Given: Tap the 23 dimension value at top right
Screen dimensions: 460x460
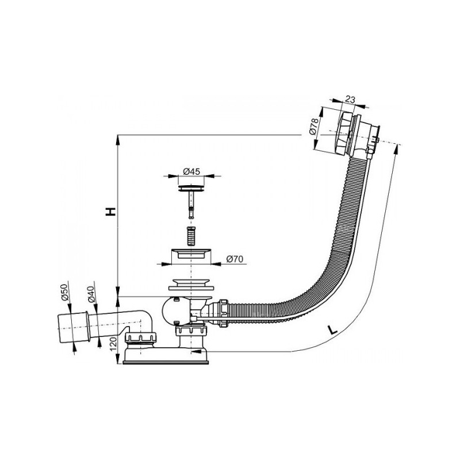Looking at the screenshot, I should (349, 99).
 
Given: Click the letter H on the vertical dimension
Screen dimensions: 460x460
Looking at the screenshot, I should (110, 211).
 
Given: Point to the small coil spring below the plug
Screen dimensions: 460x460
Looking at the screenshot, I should (191, 235).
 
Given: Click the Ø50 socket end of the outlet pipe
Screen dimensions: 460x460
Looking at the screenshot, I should (70, 327).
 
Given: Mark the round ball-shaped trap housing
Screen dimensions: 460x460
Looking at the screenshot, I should (172, 311).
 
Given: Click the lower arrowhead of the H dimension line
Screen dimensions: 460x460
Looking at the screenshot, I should (117, 292).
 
